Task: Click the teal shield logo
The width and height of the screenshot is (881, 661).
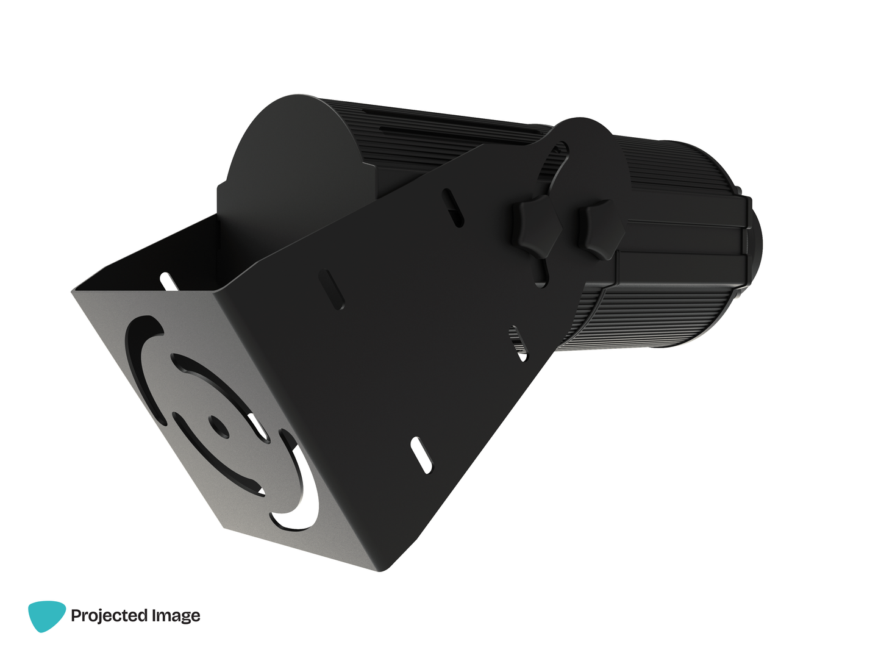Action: coord(46,616)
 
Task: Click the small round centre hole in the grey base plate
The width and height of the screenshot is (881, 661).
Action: coord(219,427)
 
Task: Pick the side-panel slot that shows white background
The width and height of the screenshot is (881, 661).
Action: coord(421,455)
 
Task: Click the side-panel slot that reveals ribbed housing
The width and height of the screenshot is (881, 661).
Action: coord(518,343)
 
